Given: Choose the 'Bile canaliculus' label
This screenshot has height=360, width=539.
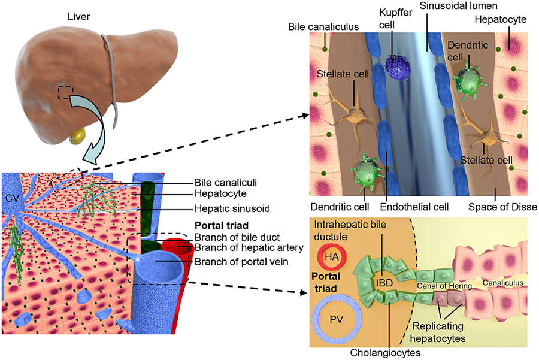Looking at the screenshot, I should tap(323, 27).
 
